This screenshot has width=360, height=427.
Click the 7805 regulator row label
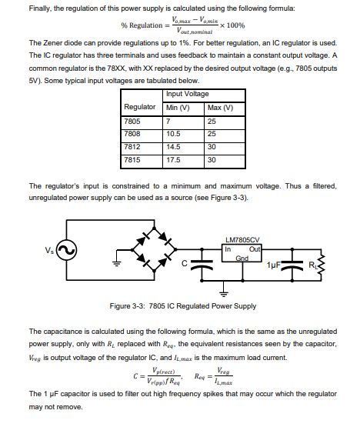[x=132, y=122]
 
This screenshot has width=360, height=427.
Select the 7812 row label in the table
[x=132, y=147]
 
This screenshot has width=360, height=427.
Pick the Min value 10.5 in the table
[x=174, y=135]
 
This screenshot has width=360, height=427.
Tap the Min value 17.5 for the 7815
[x=174, y=160]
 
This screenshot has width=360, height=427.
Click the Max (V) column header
[x=220, y=107]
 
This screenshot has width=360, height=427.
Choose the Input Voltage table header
[x=187, y=94]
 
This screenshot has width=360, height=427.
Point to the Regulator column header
[x=140, y=107]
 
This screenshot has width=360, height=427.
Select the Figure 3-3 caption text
[x=182, y=305]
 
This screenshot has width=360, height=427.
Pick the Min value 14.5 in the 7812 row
[x=174, y=147]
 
